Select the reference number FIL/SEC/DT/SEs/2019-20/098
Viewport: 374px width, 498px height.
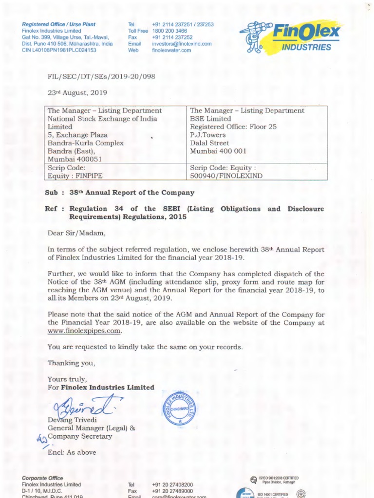(x=101, y=76)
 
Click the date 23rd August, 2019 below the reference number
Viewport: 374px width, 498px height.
(x=77, y=92)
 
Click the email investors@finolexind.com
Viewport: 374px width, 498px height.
(x=182, y=44)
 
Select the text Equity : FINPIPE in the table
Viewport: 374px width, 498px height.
(x=75, y=176)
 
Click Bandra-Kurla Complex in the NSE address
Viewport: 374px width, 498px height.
(x=86, y=143)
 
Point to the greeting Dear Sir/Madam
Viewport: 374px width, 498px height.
(x=76, y=233)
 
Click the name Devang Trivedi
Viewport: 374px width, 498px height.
(x=73, y=420)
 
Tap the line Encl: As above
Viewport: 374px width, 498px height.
(x=72, y=452)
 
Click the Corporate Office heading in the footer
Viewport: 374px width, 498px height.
(x=42, y=478)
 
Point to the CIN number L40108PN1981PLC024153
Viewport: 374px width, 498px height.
(x=59, y=50)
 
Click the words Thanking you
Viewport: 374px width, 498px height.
(x=72, y=363)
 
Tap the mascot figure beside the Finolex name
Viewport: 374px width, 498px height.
(x=256, y=36)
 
